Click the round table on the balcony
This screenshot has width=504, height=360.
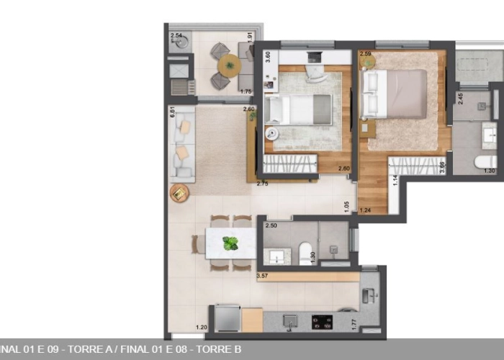230,66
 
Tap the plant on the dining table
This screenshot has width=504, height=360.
230,243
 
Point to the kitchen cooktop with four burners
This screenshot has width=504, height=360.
322,322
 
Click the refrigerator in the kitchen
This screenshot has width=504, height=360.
228,318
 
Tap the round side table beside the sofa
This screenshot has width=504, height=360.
179,193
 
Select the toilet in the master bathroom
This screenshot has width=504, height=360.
485,162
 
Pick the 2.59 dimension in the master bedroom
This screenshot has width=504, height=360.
366,54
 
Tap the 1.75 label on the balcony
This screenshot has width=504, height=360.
246,91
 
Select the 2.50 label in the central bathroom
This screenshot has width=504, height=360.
271,226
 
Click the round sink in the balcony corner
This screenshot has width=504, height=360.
181,42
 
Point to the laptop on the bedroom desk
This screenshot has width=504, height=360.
314,56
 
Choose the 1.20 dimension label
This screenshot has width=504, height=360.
202,329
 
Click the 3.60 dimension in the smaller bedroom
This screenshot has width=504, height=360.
268,58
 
